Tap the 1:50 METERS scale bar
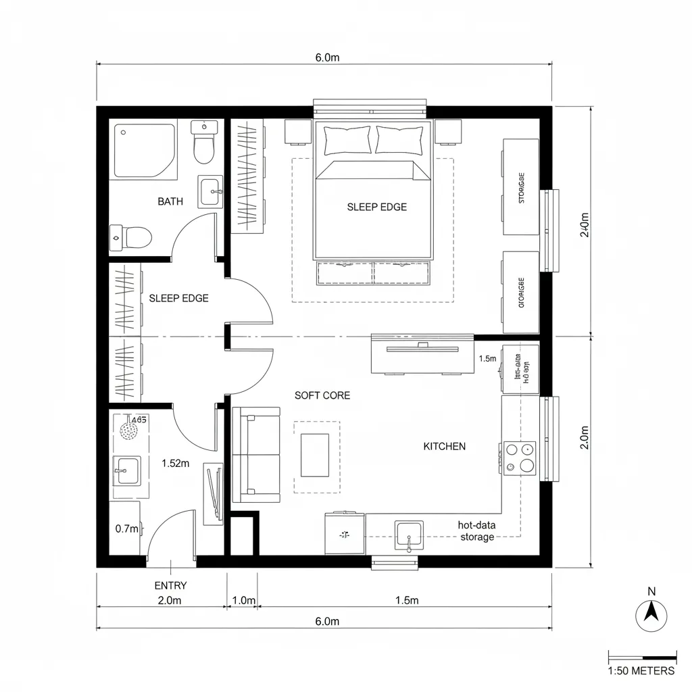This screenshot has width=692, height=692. (642, 658)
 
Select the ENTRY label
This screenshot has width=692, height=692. (170, 585)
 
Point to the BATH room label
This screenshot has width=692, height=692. (170, 201)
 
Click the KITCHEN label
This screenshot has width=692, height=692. (444, 446)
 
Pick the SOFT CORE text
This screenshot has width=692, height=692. (322, 395)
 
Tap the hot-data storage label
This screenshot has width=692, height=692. (477, 531)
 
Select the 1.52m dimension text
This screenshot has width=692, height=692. (174, 464)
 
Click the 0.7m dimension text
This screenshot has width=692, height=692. (126, 529)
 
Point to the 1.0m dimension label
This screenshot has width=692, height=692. (243, 600)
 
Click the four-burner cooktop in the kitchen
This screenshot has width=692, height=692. (519, 458)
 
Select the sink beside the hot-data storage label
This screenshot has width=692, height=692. (409, 535)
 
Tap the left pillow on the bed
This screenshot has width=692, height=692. (347, 140)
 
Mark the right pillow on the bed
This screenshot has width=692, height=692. (399, 140)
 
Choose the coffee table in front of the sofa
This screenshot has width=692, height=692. (315, 455)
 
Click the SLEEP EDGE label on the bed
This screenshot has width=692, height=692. (376, 207)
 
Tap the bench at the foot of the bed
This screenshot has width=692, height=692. (373, 273)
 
